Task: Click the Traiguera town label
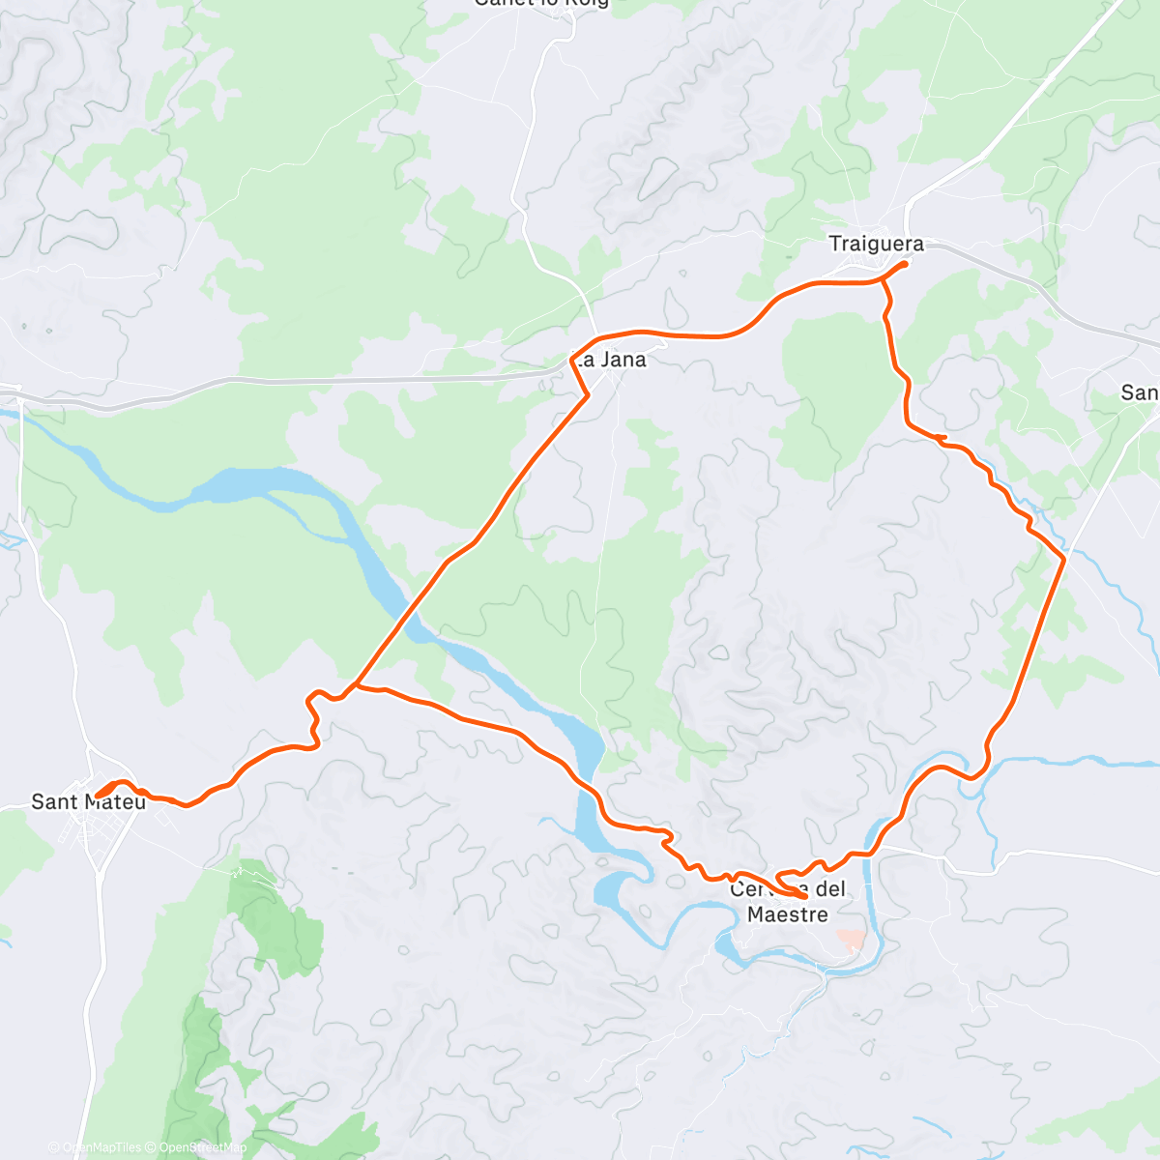876,244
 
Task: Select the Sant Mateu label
88,801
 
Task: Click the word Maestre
788,913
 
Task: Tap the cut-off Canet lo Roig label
541,3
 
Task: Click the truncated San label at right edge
1139,392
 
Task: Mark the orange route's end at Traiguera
905,264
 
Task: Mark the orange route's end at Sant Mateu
98,796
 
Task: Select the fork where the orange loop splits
355,685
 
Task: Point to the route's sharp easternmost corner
1063,559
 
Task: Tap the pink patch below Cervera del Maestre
851,939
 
